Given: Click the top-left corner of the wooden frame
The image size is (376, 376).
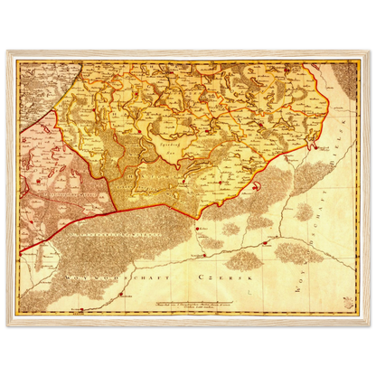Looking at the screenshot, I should pyautogui.click(x=5, y=46).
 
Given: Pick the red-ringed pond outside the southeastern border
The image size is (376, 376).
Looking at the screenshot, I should pyautogui.click(x=258, y=186).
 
